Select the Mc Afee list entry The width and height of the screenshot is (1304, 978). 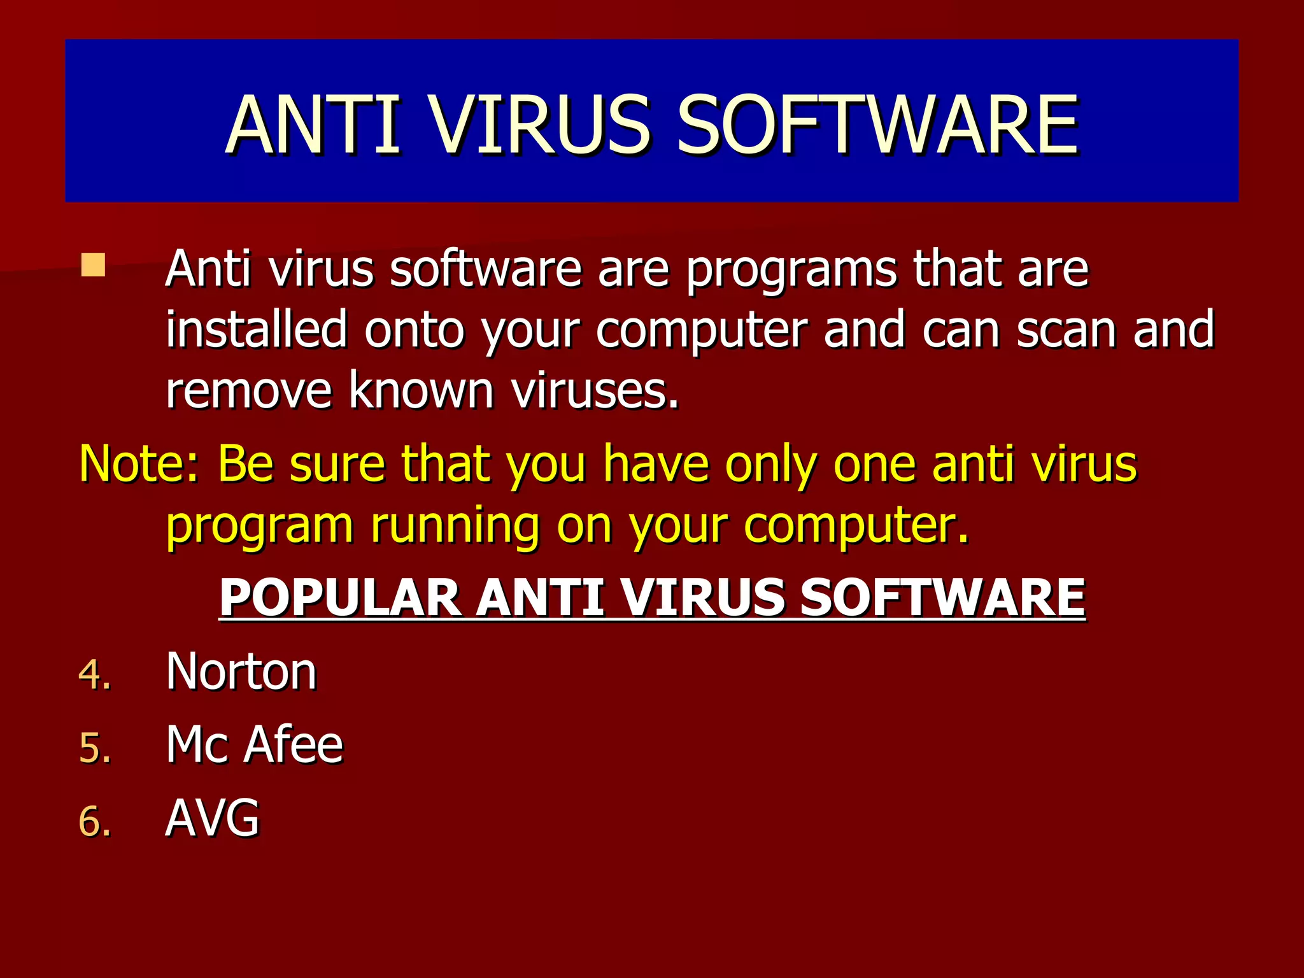click(x=254, y=744)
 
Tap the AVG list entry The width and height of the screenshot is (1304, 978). click(x=213, y=818)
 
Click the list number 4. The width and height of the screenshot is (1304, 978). click(x=95, y=675)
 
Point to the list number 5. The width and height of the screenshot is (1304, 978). click(x=95, y=748)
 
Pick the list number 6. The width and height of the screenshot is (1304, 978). click(x=95, y=821)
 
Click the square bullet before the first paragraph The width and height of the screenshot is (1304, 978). click(x=93, y=266)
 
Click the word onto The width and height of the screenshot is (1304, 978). click(x=414, y=329)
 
